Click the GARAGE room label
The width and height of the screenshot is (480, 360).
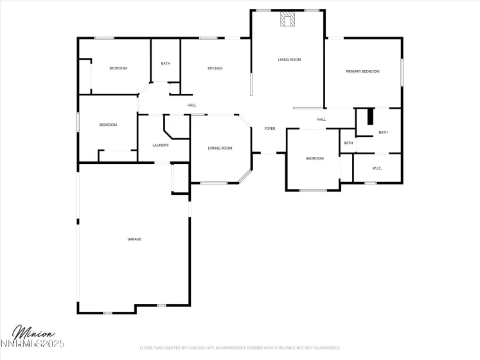coord(134,239)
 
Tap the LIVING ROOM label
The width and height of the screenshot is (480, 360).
coord(289,60)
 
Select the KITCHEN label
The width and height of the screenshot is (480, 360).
coord(215,68)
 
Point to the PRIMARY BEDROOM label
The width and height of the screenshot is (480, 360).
coord(363,71)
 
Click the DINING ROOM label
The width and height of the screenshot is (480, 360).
coord(220,148)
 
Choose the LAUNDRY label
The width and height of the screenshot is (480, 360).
coord(161,145)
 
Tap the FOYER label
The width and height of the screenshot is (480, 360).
coord(270,129)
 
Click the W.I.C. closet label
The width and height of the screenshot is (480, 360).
coord(377,168)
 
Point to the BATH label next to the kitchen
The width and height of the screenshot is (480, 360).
coord(166,64)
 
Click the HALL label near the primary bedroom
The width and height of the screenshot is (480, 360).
coord(321,119)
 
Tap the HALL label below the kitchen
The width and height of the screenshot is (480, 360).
coord(191,105)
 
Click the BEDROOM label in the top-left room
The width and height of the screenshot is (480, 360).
coord(118,68)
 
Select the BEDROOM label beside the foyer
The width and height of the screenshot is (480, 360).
coord(314,158)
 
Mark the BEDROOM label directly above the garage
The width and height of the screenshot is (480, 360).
coord(108,125)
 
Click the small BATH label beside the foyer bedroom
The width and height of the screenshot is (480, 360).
coord(348,143)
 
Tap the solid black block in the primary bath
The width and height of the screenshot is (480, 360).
coord(369,118)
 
